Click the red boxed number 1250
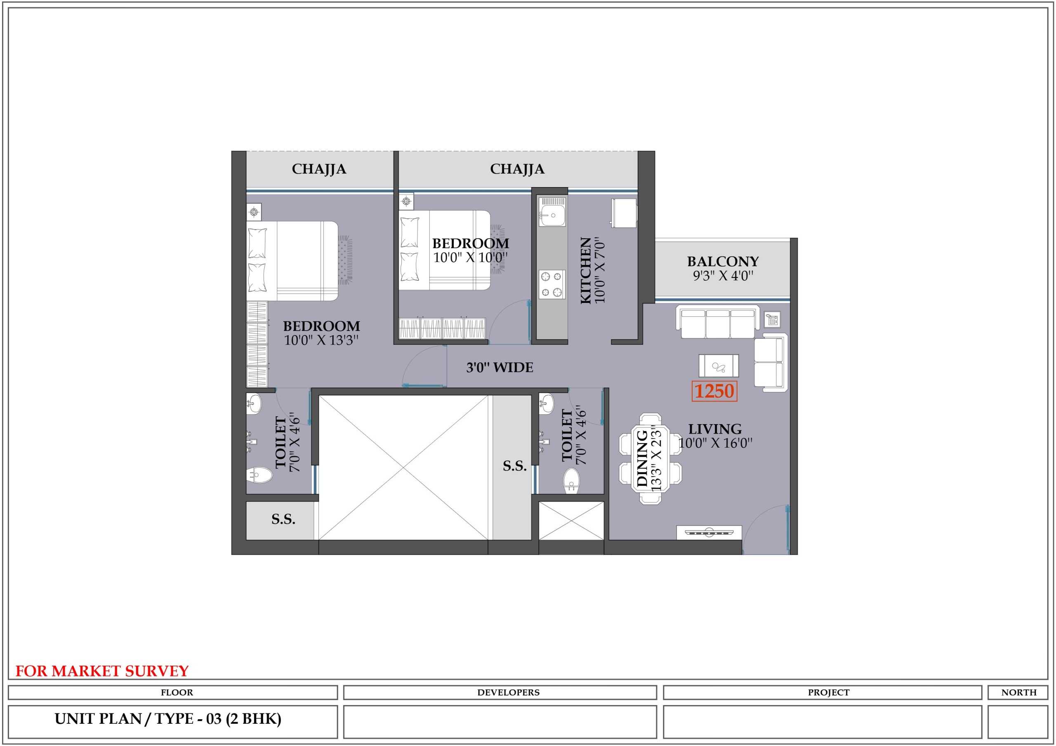tap(714, 391)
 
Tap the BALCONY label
tap(723, 262)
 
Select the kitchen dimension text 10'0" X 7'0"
tap(600, 270)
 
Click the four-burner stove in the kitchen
tap(552, 284)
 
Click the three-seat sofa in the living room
tap(717, 322)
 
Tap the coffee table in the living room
tap(719, 366)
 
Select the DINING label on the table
tap(642, 458)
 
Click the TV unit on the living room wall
tap(709, 532)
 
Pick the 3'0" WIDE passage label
tap(500, 367)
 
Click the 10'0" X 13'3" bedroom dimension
tap(321, 340)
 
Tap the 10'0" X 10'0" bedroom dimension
tap(471, 258)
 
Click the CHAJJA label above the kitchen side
tap(517, 169)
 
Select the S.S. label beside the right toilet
tap(515, 466)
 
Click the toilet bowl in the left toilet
tap(259, 474)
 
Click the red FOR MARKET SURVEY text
tap(102, 671)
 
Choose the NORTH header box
tap(1019, 692)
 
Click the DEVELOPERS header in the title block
tap(508, 692)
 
